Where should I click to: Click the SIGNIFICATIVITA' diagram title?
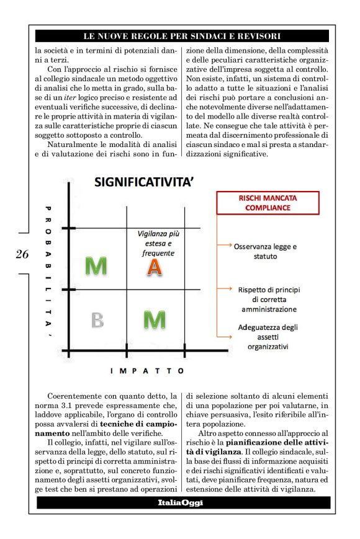point(145,182)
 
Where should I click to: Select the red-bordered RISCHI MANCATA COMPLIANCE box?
point(268,203)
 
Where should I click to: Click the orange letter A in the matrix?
point(155,267)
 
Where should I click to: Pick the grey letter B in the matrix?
point(97,319)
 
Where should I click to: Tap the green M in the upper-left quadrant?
point(96,266)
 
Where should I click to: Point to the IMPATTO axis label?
point(147,371)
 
